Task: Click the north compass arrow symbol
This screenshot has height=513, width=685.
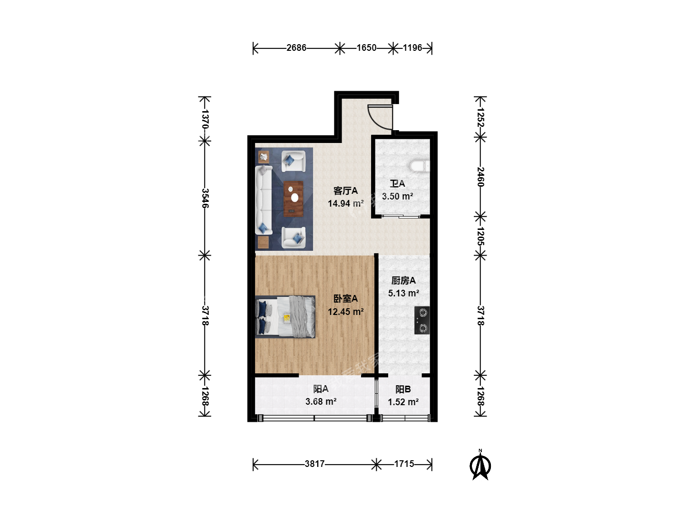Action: [480, 466]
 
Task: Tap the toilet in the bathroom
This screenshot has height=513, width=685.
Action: [420, 166]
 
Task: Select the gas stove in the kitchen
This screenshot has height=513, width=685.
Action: [422, 320]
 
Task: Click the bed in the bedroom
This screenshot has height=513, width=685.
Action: [285, 316]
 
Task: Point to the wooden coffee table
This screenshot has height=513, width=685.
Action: [294, 199]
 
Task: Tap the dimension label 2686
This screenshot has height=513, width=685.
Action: [296, 47]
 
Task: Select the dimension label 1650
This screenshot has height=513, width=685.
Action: [366, 47]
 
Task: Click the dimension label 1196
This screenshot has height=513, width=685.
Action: [412, 47]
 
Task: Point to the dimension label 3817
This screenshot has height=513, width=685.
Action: [314, 464]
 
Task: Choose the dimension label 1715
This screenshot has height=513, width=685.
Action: [404, 464]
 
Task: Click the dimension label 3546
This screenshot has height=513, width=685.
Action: [205, 198]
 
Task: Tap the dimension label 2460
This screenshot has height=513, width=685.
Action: [481, 177]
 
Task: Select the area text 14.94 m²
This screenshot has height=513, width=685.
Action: [345, 203]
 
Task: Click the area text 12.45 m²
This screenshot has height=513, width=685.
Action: [345, 312]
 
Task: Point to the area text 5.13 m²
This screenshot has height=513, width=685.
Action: [403, 293]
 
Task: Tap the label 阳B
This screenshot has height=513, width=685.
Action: [403, 389]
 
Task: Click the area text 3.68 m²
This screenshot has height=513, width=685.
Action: [321, 401]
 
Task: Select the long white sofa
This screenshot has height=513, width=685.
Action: [264, 199]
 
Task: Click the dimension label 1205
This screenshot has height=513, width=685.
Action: [481, 236]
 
